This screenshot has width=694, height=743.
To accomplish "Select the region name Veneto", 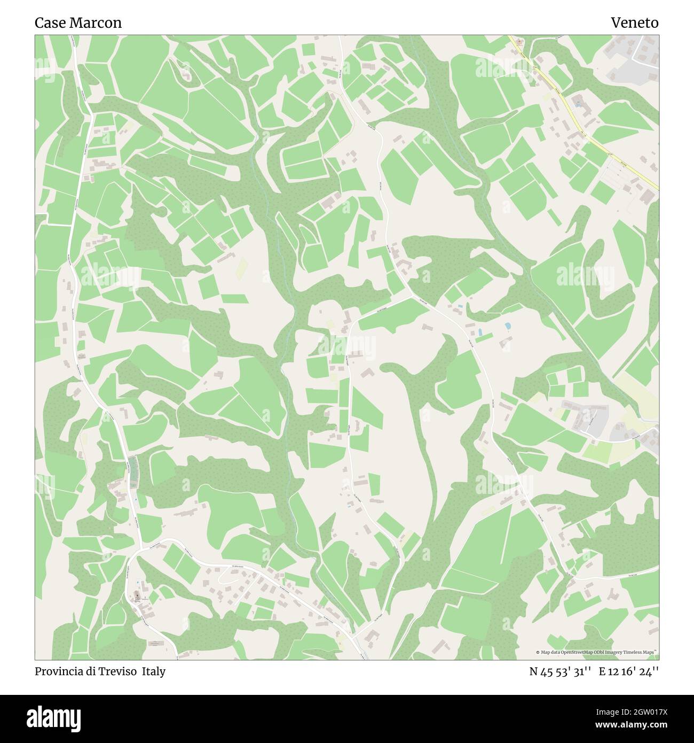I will tap(634, 23).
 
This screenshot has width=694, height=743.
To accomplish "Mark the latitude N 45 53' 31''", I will tap(560, 671).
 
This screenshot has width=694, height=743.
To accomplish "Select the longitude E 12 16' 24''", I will tap(629, 671).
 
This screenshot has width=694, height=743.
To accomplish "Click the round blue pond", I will tap(508, 325).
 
